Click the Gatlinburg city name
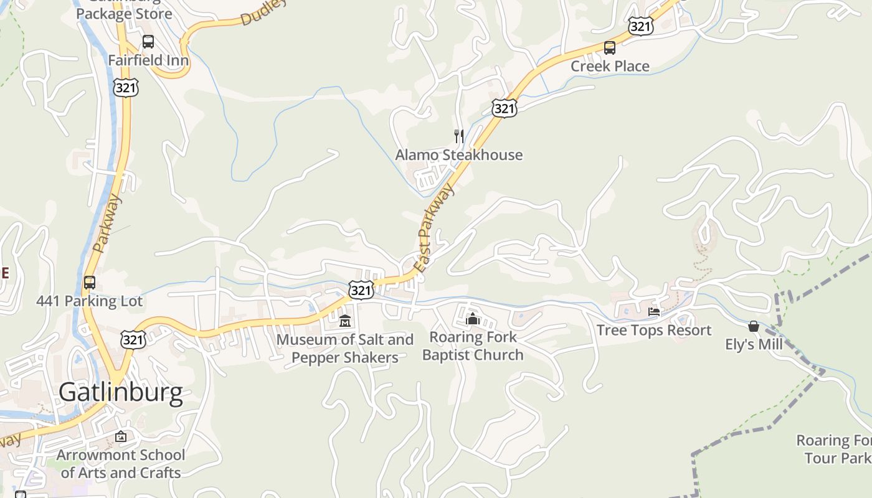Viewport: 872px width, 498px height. click(x=121, y=393)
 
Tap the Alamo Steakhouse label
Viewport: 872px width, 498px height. click(x=459, y=155)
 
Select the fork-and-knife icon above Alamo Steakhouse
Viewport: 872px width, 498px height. click(x=459, y=136)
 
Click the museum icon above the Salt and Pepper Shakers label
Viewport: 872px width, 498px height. click(x=345, y=321)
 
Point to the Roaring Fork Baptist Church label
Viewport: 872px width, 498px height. click(x=473, y=346)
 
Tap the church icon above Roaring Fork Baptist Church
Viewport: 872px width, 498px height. click(x=473, y=319)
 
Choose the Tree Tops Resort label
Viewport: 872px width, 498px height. click(x=653, y=330)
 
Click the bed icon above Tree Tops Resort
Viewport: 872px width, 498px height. click(x=654, y=311)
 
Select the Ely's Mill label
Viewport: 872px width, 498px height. click(x=754, y=344)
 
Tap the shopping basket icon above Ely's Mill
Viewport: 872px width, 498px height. click(x=754, y=326)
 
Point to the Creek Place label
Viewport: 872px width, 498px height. click(x=610, y=66)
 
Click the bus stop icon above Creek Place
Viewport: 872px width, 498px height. click(x=610, y=47)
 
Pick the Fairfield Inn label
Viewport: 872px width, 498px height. click(x=148, y=60)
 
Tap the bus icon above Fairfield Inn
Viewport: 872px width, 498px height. click(x=148, y=42)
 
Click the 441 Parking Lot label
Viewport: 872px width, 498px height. click(x=90, y=301)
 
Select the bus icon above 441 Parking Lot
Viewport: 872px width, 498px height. click(x=90, y=283)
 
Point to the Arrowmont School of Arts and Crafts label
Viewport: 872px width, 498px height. click(x=121, y=464)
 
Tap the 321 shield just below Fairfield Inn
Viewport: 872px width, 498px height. click(x=126, y=88)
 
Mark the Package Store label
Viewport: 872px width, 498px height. click(x=124, y=13)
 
